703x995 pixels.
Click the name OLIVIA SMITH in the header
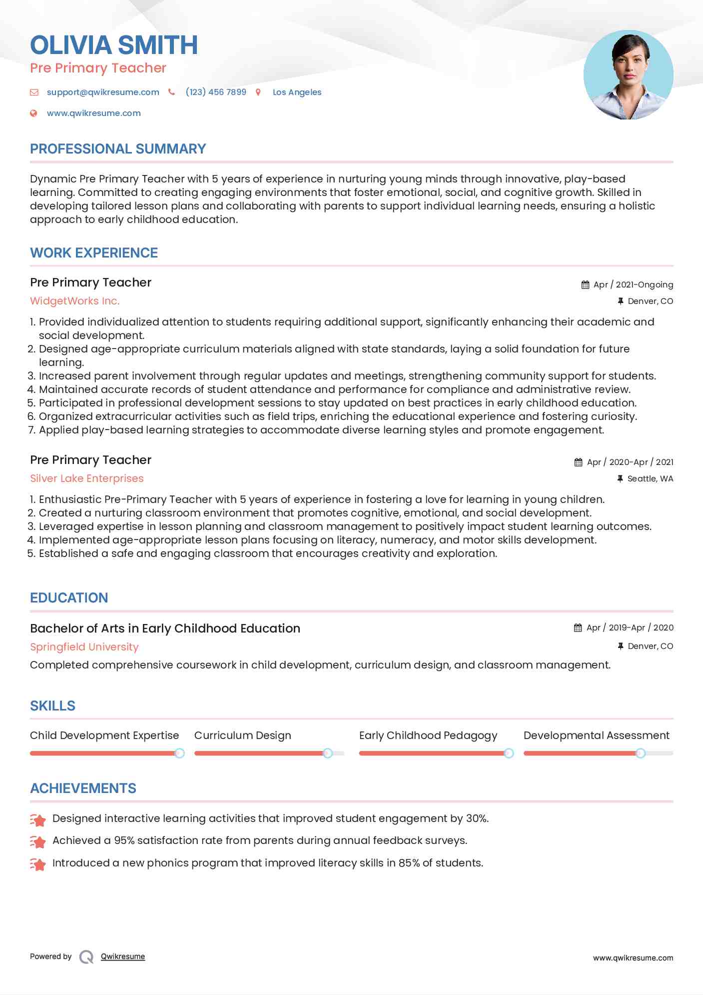pos(114,45)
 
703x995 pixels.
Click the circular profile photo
pos(628,75)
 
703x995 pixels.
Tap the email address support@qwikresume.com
pos(103,92)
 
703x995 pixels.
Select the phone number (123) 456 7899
pos(216,92)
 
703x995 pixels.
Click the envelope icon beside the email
pos(34,92)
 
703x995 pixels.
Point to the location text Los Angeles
pos(297,92)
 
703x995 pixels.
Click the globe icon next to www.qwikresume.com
pos(33,113)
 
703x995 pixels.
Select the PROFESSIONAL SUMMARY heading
pos(118,148)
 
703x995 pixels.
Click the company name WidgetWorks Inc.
pos(75,301)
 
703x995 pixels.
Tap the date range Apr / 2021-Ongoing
pos(633,284)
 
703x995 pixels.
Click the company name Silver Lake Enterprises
pos(87,478)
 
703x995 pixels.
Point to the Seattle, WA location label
pos(650,478)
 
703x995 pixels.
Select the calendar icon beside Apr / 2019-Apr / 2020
pos(578,627)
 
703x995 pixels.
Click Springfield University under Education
pos(84,647)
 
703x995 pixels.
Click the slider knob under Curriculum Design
pos(328,753)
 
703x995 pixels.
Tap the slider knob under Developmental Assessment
pos(641,753)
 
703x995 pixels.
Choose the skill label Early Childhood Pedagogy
pos(428,735)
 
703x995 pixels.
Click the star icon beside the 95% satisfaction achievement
pos(38,841)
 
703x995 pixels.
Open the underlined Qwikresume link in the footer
pos(123,956)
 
